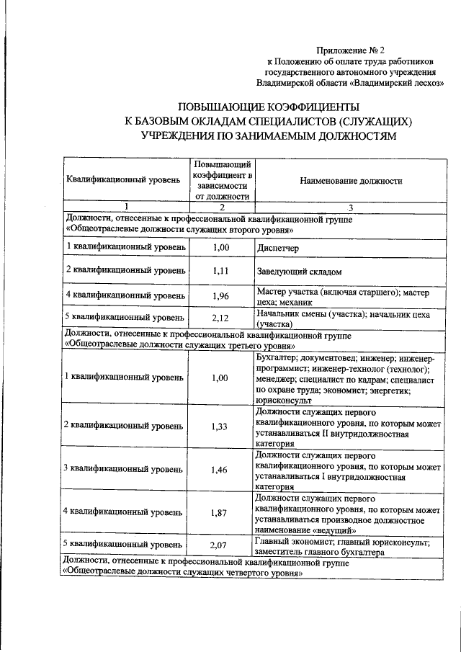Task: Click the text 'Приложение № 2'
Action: coord(351,50)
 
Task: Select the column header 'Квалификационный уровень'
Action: coord(123,180)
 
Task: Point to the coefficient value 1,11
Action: coord(220,271)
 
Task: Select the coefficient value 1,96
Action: coord(220,296)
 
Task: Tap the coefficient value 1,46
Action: coord(220,468)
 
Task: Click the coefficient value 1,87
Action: coord(220,512)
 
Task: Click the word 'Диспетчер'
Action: coord(277,247)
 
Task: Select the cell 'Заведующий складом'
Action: coord(298,272)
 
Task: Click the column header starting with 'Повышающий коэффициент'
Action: coord(221,180)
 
